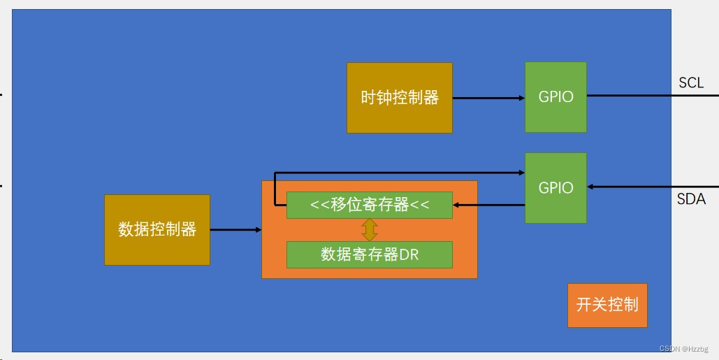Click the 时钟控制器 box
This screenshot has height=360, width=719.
tap(399, 98)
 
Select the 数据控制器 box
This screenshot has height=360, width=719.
tap(157, 229)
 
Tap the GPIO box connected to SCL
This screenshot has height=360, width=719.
tap(555, 97)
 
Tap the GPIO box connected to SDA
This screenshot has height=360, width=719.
tap(555, 187)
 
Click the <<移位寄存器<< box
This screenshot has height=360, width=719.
tap(369, 205)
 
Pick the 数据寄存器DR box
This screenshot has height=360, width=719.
tap(369, 254)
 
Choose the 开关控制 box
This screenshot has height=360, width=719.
tap(607, 305)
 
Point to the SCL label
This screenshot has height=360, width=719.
tap(691, 83)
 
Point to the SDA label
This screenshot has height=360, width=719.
tap(691, 199)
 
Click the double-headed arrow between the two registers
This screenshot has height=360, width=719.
tap(370, 230)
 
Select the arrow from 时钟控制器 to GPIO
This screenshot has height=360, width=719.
tap(488, 98)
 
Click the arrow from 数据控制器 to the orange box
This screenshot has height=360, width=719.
tap(235, 229)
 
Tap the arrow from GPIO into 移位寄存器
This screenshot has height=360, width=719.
tap(489, 205)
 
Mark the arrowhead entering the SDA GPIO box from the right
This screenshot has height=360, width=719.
tap(591, 187)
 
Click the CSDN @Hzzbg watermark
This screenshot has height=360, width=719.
tap(683, 348)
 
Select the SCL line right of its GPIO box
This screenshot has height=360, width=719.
tap(629, 96)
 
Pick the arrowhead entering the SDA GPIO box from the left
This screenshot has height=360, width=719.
tap(521, 172)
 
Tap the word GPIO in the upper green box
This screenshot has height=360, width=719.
tap(555, 97)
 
